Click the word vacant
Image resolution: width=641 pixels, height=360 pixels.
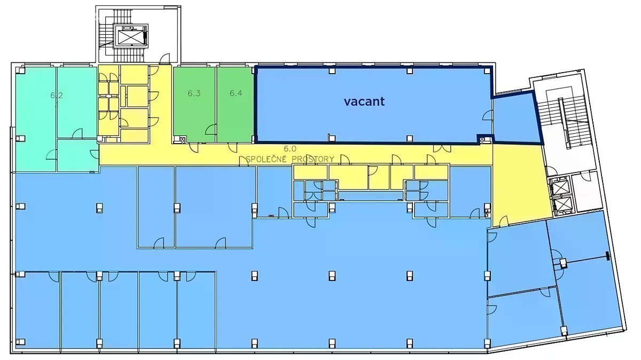click(x=364, y=101)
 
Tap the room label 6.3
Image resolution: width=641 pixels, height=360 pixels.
click(x=194, y=93)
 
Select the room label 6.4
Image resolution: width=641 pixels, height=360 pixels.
click(x=236, y=93)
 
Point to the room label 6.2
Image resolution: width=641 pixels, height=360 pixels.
click(x=57, y=95)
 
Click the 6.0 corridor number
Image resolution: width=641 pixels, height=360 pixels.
click(x=290, y=148)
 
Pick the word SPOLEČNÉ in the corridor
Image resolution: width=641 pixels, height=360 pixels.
click(x=267, y=159)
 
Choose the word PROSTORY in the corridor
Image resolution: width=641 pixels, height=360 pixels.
click(x=313, y=159)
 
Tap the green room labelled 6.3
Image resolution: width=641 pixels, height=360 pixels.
click(x=194, y=105)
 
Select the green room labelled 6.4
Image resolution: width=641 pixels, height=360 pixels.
click(x=234, y=105)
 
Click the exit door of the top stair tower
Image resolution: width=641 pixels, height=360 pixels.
click(x=165, y=59)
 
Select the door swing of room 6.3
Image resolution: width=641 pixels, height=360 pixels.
click(x=210, y=129)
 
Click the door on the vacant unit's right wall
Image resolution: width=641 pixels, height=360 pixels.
click(x=487, y=115)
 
